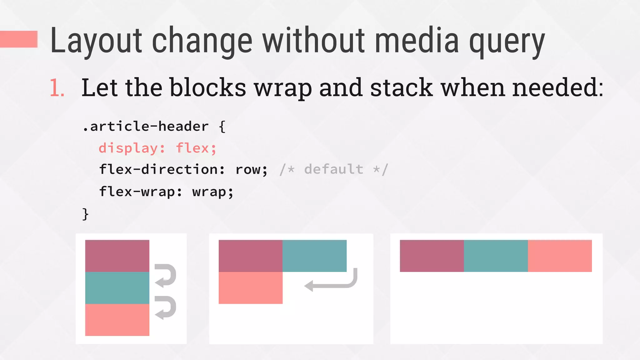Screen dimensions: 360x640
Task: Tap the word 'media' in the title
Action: pyautogui.click(x=417, y=41)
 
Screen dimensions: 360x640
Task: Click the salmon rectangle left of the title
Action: pyautogui.click(x=19, y=39)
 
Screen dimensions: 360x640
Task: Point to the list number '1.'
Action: pyautogui.click(x=57, y=88)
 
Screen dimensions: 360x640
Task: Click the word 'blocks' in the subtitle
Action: pyautogui.click(x=208, y=87)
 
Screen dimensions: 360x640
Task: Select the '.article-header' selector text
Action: pyautogui.click(x=146, y=127)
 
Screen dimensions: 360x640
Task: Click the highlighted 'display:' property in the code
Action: pyautogui.click(x=132, y=148)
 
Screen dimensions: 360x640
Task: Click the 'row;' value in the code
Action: pyautogui.click(x=251, y=170)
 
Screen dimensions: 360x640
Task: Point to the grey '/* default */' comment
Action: pyautogui.click(x=334, y=170)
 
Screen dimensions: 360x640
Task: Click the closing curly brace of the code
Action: pyautogui.click(x=85, y=214)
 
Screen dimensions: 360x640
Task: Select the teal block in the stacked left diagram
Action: pyautogui.click(x=117, y=288)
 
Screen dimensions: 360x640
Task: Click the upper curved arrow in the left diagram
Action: pyautogui.click(x=166, y=275)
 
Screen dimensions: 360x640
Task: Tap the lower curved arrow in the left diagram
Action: pyautogui.click(x=166, y=307)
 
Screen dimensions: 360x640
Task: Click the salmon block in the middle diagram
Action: pyautogui.click(x=250, y=288)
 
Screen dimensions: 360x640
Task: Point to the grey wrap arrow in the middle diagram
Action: pyautogui.click(x=331, y=282)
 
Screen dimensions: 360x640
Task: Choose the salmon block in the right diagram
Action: pyautogui.click(x=560, y=256)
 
